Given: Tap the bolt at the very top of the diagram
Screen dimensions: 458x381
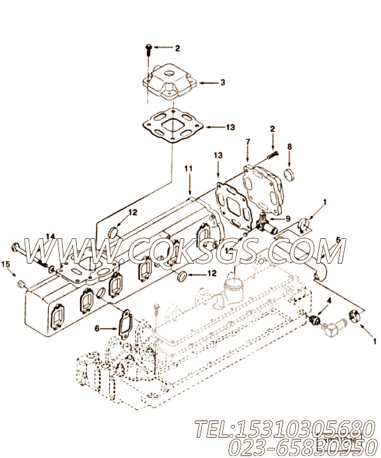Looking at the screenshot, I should point(147,48).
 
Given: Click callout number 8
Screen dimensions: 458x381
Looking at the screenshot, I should point(289,146).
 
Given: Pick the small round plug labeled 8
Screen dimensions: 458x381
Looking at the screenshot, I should point(288,173).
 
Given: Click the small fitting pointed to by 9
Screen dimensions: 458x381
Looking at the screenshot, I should point(267,222).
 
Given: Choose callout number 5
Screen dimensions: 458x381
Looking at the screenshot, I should point(338,241).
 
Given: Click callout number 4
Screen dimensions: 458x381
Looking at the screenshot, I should point(328,299).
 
